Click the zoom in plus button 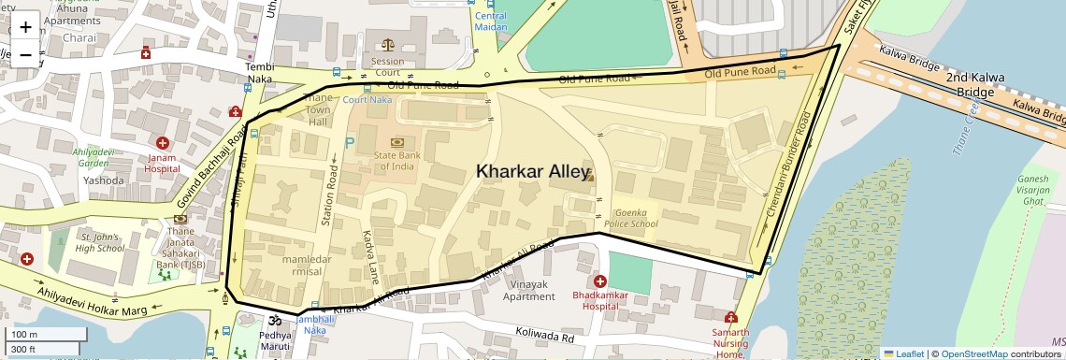(x=25, y=26)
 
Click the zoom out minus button (x=25, y=54)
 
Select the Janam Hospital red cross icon (x=163, y=143)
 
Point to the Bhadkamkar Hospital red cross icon (x=599, y=281)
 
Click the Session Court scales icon (x=388, y=44)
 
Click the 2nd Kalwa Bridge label (x=982, y=85)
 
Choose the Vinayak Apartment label (x=528, y=290)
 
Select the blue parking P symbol (x=351, y=143)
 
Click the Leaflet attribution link (x=903, y=353)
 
